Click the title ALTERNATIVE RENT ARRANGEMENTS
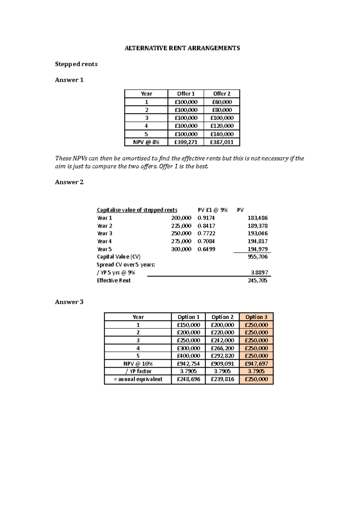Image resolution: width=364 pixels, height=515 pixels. coord(182,48)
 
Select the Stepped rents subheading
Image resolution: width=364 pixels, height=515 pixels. coord(76,64)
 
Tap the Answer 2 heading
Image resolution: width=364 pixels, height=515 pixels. coord(69,182)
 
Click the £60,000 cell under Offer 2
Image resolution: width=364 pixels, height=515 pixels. coord(222,102)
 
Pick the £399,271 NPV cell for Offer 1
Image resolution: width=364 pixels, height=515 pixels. coord(186,142)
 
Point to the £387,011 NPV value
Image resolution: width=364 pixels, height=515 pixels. coord(222,142)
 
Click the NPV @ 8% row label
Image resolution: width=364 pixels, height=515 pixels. coord(146,142)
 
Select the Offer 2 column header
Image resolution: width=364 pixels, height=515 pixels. coord(222,94)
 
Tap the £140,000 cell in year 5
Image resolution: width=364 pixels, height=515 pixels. coord(222,134)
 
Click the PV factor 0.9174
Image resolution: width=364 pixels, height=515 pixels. coord(206,218)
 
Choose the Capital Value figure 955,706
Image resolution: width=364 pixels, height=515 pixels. coord(258,257)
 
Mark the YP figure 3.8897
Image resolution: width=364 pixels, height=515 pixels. coord(259,272)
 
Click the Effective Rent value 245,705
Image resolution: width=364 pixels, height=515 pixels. coord(258,280)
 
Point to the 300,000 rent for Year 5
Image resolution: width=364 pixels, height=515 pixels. coord(181,249)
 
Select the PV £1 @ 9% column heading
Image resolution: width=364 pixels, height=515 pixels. coord(212,210)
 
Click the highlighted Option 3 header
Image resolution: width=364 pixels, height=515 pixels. coord(256,317)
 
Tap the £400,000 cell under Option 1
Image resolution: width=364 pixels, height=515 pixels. coord(188,356)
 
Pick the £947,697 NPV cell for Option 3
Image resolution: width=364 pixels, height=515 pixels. coord(256,363)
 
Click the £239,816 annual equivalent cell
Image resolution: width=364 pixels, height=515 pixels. coord(222,379)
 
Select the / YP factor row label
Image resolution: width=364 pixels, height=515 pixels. coord(138,371)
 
